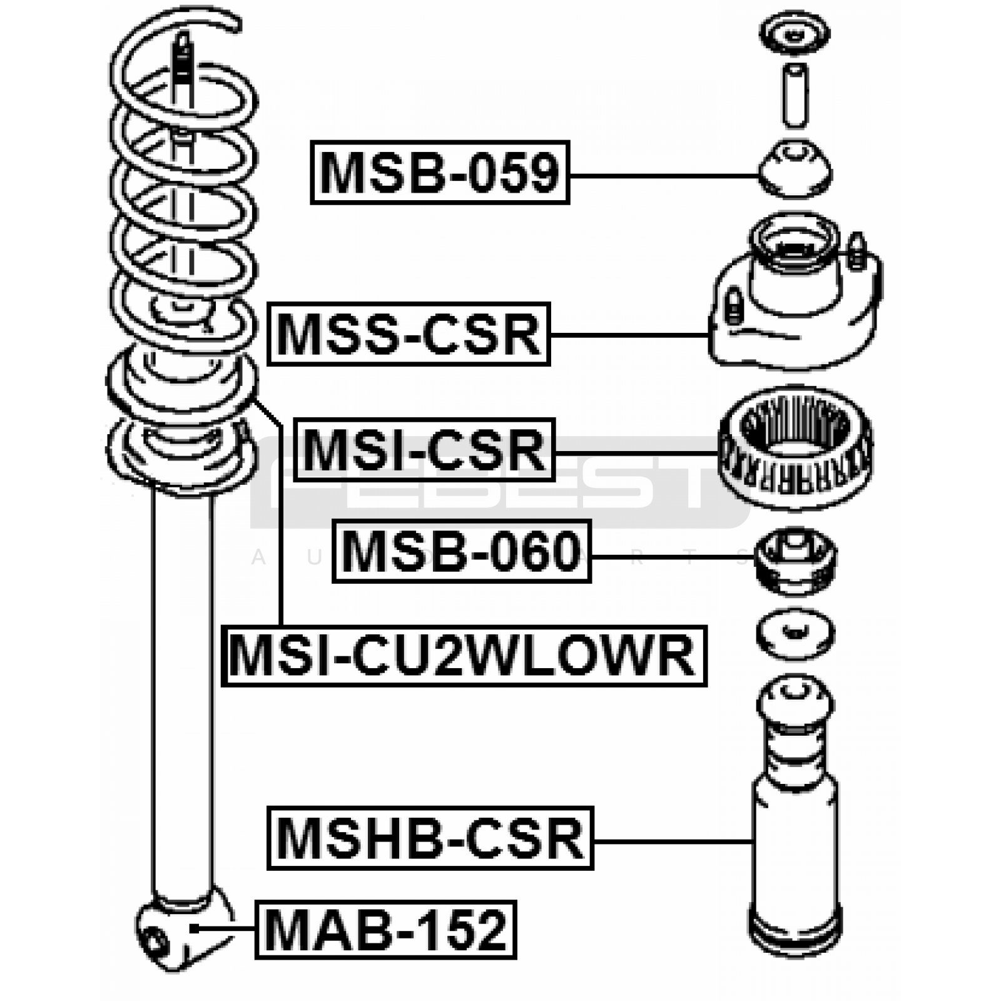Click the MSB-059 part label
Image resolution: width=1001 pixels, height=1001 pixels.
pos(439,173)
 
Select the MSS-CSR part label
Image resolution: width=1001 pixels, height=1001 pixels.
pos(408,334)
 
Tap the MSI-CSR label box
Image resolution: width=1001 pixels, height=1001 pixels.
pos(424,450)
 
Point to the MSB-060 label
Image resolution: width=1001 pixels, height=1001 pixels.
pos(461,551)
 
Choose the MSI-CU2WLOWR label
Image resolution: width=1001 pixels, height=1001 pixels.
pos(464,656)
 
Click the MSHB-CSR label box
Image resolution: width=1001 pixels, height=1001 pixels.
pos(430,838)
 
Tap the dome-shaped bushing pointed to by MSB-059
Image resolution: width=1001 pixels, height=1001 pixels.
pos(795,170)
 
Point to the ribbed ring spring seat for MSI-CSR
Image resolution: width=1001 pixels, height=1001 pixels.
pos(795,447)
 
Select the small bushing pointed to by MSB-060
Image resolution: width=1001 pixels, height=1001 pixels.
pos(795,560)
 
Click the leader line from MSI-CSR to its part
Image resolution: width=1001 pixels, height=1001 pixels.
pos(635,452)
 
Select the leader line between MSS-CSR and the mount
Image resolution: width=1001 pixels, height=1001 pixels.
pos(629,335)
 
